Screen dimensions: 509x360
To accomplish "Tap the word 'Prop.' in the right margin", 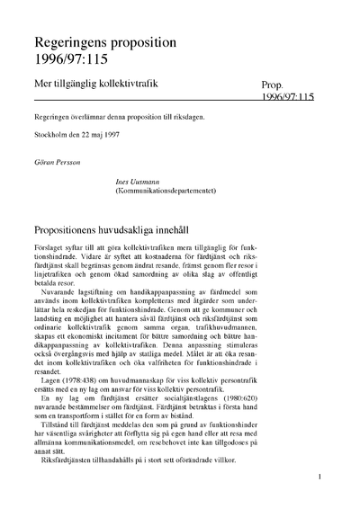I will [x=274, y=83].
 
